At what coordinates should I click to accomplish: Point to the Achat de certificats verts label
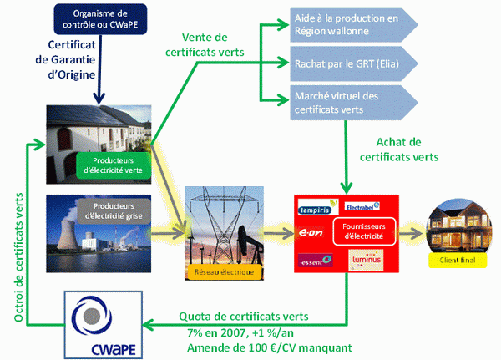397,148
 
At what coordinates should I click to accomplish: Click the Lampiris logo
316,209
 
